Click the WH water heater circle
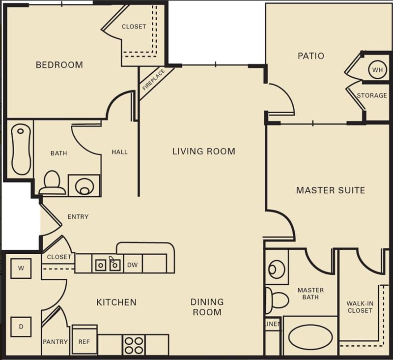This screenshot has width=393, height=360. pos(377,70)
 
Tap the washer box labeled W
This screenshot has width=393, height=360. pos(21,269)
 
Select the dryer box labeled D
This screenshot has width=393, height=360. pos(21,327)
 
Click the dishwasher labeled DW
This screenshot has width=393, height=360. pos(133,264)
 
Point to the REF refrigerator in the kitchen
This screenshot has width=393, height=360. pos(84,341)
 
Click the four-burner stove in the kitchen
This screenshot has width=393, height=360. pos(134,344)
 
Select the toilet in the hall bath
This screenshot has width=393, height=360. pos(52,183)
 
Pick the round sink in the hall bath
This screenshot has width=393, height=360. pos(84,186)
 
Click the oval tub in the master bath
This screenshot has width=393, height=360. pos(310,337)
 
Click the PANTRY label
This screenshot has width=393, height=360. pos(55,341)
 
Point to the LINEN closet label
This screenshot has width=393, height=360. pos(273,325)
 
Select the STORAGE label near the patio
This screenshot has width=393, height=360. pos(371,95)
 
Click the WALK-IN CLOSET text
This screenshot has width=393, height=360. pos(360,307)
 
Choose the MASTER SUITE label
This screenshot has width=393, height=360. pos(330,190)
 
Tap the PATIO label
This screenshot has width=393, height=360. pos(310,56)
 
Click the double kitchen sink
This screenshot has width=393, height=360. pos(108,265)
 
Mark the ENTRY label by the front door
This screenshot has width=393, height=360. pos(78,217)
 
